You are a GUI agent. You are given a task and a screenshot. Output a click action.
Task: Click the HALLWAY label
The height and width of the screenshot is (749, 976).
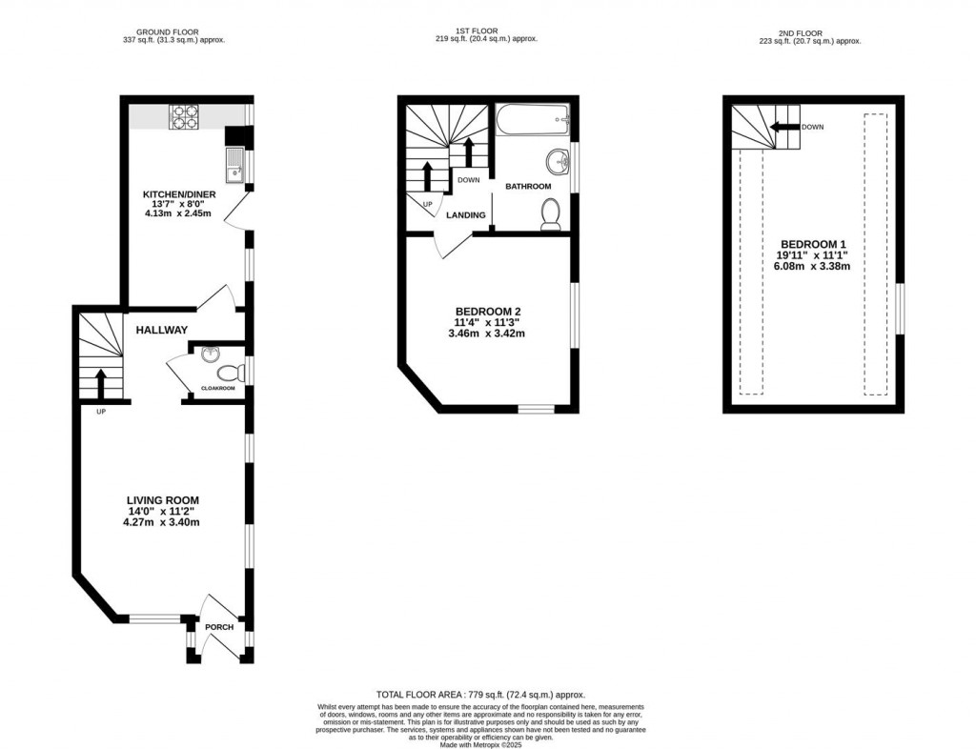coord(161,330)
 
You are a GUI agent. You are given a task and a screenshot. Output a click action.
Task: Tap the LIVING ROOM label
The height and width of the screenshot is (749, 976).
coord(163,499)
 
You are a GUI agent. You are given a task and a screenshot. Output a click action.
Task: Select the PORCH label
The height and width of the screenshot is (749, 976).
coord(219,627)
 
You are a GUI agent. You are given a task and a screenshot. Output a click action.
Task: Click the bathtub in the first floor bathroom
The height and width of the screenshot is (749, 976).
coord(533,120)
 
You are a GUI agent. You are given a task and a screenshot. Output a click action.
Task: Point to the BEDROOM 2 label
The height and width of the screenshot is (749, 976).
coord(488,312)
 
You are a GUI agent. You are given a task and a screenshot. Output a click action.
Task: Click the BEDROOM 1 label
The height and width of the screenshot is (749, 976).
coord(811,243)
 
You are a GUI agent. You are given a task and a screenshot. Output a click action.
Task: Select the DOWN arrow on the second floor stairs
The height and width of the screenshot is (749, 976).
coord(784,127)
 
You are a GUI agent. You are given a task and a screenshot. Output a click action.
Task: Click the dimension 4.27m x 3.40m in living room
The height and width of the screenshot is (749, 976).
coord(163,522)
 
